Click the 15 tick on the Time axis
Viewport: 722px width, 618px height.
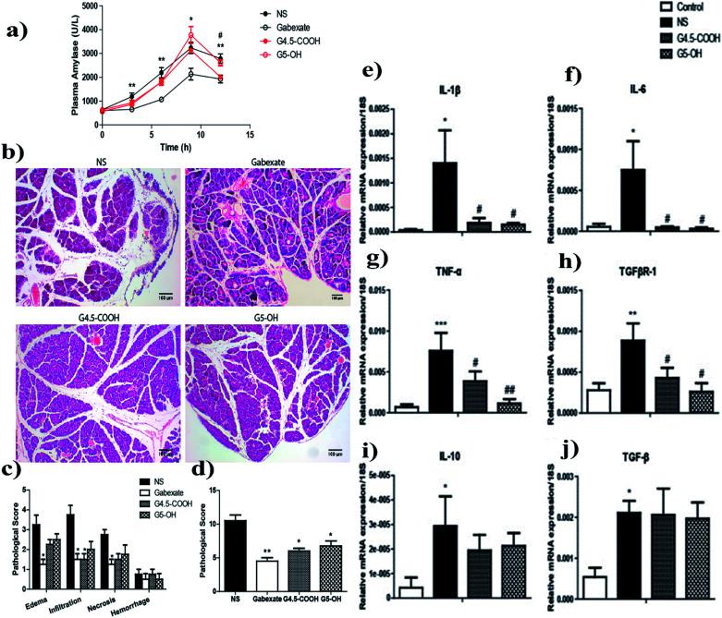pos(250,136)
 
